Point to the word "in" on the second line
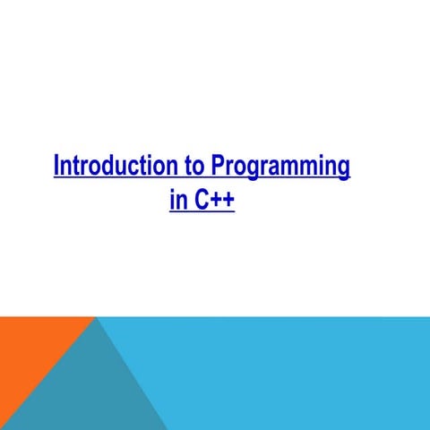point(176,199)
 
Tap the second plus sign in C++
point(228,200)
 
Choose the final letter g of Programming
point(342,170)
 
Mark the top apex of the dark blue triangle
point(96,318)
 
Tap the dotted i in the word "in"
point(172,199)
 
